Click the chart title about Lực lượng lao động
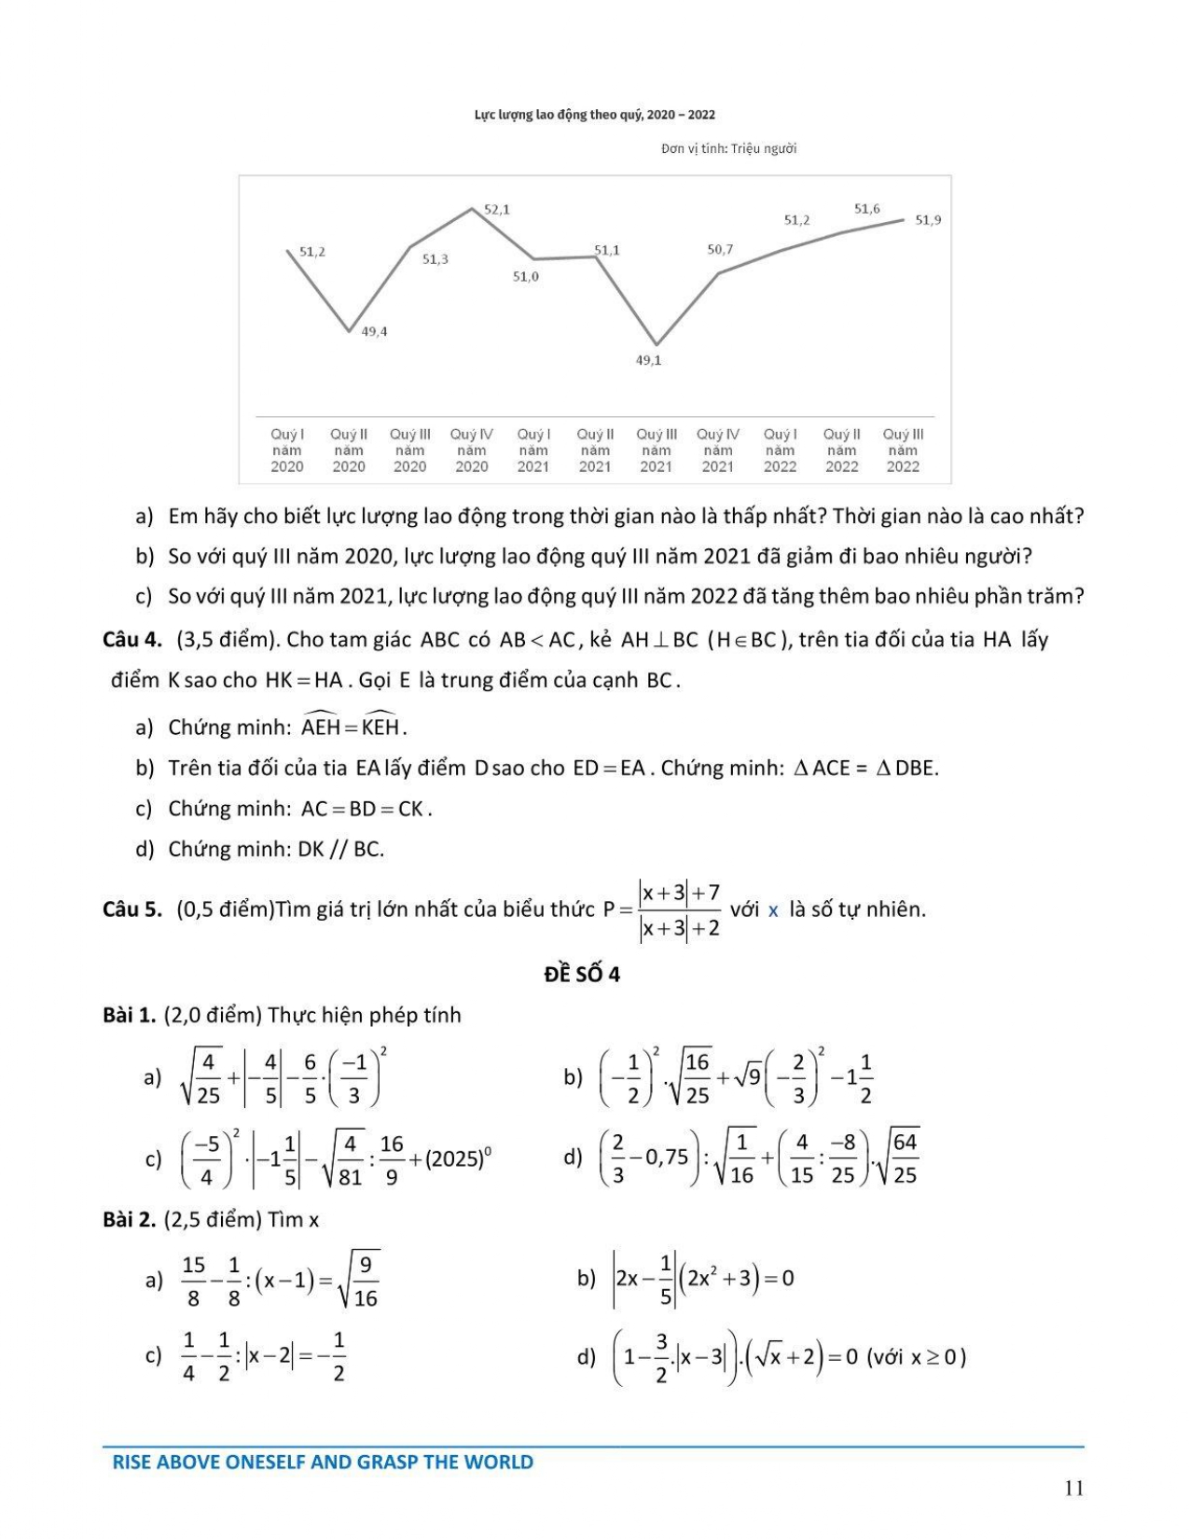pyautogui.click(x=594, y=115)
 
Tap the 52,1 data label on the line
pyautogui.click(x=497, y=210)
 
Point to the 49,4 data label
pyautogui.click(x=374, y=332)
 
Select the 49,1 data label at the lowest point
pyautogui.click(x=648, y=361)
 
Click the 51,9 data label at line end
pyautogui.click(x=928, y=220)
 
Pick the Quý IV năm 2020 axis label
pyautogui.click(x=471, y=451)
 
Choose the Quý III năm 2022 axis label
pyautogui.click(x=903, y=451)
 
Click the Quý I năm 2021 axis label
pyautogui.click(x=533, y=451)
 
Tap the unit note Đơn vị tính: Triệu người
pyautogui.click(x=728, y=148)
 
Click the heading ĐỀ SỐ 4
pyautogui.click(x=582, y=974)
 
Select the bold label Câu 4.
pyautogui.click(x=132, y=640)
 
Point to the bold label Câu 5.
pyautogui.click(x=132, y=909)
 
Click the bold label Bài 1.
pyautogui.click(x=129, y=1015)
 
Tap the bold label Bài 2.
pyautogui.click(x=129, y=1219)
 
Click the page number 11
pyautogui.click(x=1073, y=1488)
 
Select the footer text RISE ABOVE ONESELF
pyautogui.click(x=322, y=1462)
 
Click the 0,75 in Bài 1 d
pyautogui.click(x=666, y=1158)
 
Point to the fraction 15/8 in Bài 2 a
pyautogui.click(x=193, y=1281)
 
